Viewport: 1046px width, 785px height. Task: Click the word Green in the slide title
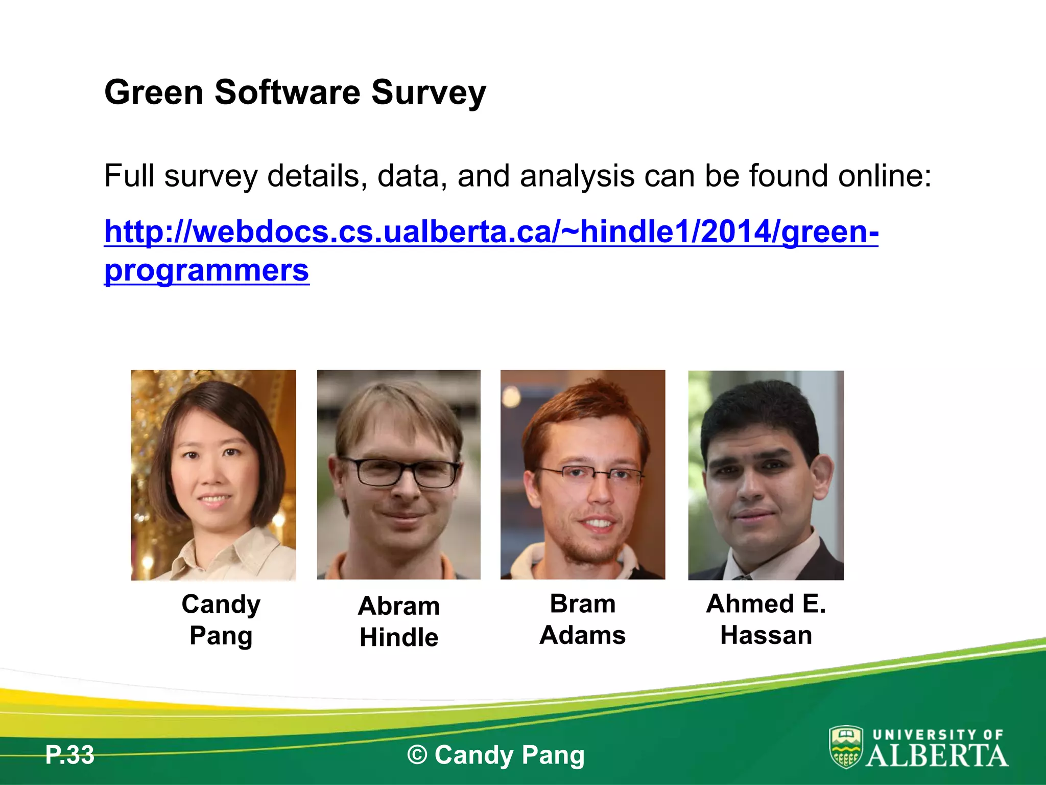click(x=154, y=93)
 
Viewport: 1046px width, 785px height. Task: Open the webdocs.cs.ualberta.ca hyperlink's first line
click(x=491, y=232)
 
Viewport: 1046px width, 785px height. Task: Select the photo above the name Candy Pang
click(x=213, y=475)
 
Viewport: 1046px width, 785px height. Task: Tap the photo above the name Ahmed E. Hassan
click(x=766, y=475)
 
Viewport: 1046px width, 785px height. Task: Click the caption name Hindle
click(x=399, y=637)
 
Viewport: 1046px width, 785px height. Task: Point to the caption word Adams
click(x=582, y=635)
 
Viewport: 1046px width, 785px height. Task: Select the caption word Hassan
click(x=766, y=635)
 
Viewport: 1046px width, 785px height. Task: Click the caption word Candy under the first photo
click(x=221, y=605)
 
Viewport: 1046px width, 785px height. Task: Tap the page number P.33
click(x=69, y=755)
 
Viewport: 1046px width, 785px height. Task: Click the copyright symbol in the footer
click(x=417, y=755)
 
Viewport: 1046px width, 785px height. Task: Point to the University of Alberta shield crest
click(x=846, y=747)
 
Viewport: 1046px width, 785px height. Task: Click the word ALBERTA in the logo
click(x=937, y=756)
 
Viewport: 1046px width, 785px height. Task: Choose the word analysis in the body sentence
click(x=577, y=176)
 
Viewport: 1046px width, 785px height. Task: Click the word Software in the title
click(x=287, y=93)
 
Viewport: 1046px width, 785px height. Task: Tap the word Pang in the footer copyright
click(x=553, y=755)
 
